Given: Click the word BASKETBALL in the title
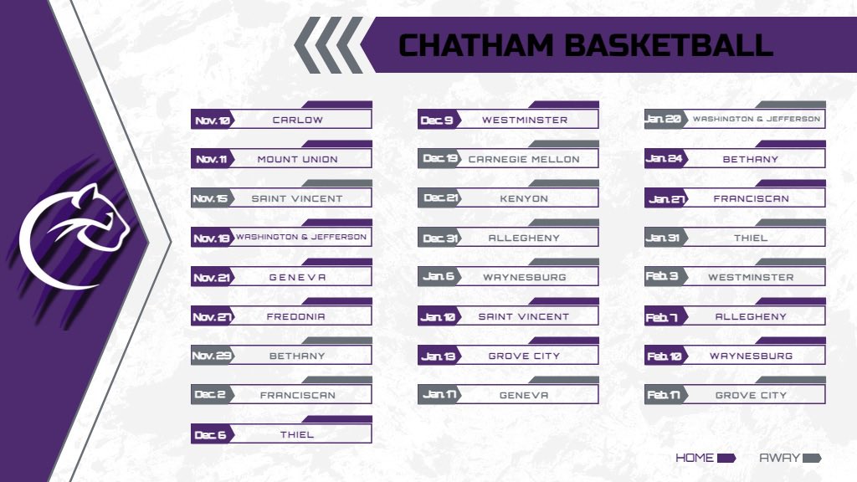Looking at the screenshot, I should coord(667,45).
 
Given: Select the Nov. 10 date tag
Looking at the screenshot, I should coord(212,120).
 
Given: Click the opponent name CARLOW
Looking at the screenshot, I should coord(297,120).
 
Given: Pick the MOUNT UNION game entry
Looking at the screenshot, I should coord(297,160).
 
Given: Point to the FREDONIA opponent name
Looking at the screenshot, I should coord(295,317).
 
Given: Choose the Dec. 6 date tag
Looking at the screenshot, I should coord(210,435).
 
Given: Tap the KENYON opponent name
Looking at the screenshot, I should coord(524,199).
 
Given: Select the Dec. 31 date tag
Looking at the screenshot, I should coord(439,238).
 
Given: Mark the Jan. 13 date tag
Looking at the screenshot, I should coord(439,356).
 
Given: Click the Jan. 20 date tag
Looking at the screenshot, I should coord(664,120).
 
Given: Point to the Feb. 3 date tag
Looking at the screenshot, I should coord(663,277).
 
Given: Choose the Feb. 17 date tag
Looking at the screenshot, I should coord(664,396).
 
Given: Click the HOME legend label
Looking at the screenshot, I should coord(695,458).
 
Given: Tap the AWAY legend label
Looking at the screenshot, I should coord(780,458).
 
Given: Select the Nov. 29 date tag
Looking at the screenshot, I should coord(212,356).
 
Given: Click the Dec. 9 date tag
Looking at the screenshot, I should coord(437,120).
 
